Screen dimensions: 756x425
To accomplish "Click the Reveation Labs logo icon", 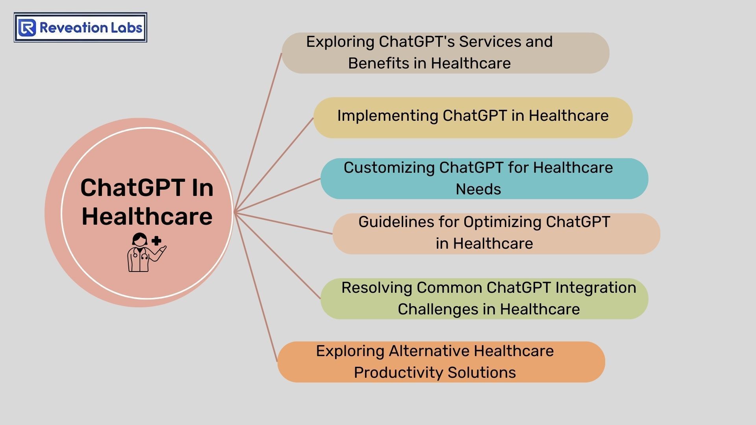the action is point(27,28).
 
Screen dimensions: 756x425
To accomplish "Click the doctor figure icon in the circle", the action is point(146,252).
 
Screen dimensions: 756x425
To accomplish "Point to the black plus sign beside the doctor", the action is point(156,241).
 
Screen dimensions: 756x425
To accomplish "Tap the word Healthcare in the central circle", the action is point(147,216).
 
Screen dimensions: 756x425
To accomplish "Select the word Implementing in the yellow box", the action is point(387,116).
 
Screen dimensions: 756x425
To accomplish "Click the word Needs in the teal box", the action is point(478,189).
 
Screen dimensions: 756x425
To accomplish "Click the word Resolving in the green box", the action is point(376,288).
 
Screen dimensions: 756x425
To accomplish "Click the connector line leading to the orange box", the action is point(256,287).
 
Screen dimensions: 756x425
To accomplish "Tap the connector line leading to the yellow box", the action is point(274,165).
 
